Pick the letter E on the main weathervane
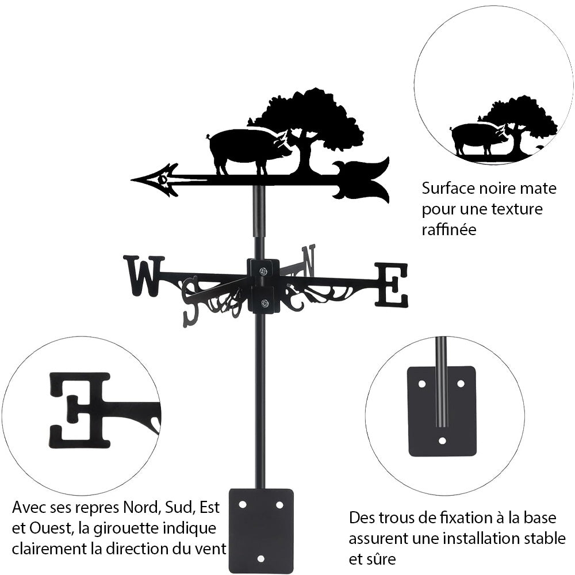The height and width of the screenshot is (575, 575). click(392, 284)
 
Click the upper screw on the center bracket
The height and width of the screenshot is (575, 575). click(263, 271)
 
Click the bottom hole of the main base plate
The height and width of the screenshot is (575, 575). click(260, 558)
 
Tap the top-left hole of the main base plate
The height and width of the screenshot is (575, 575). click(242, 504)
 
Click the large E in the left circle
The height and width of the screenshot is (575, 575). click(80, 409)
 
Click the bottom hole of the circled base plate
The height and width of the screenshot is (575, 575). click(442, 441)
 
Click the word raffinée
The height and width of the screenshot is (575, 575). click(449, 230)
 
